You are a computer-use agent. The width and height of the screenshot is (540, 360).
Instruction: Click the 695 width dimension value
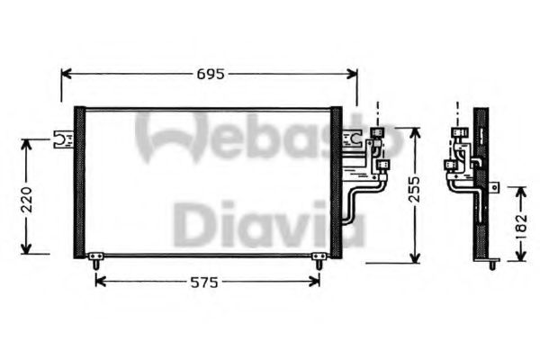coord(209,73)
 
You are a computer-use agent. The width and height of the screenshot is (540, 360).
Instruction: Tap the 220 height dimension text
coord(26,195)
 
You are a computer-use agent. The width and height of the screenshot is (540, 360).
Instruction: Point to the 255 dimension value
coord(415,195)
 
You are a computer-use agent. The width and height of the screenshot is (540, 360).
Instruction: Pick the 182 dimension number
coord(520,224)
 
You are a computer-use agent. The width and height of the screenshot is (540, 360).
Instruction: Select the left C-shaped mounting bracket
coord(63,139)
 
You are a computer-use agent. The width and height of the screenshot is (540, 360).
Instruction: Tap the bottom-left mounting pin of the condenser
coord(94,262)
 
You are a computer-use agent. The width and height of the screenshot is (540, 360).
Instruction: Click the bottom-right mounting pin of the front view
coord(318,262)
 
